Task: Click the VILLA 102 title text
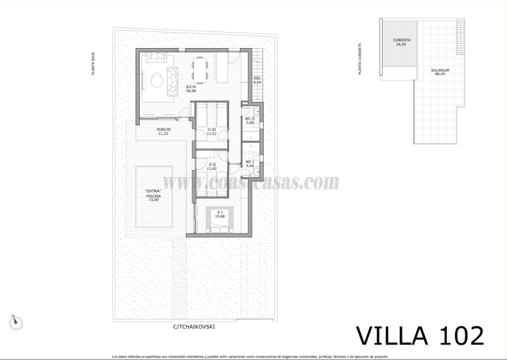pyautogui.click(x=419, y=335)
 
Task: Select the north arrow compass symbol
pyautogui.click(x=16, y=322)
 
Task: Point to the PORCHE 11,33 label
pyautogui.click(x=164, y=131)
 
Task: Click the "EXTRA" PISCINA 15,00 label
pyautogui.click(x=153, y=195)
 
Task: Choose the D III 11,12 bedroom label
pyautogui.click(x=212, y=131)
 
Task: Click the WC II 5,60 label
pyautogui.click(x=249, y=121)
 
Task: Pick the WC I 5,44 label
pyautogui.click(x=249, y=163)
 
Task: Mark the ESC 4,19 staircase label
pyautogui.click(x=258, y=80)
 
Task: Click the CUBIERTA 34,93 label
pyautogui.click(x=402, y=42)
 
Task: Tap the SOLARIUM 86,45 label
pyautogui.click(x=440, y=72)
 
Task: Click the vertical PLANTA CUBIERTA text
pyautogui.click(x=360, y=60)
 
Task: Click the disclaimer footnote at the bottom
pyautogui.click(x=254, y=356)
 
